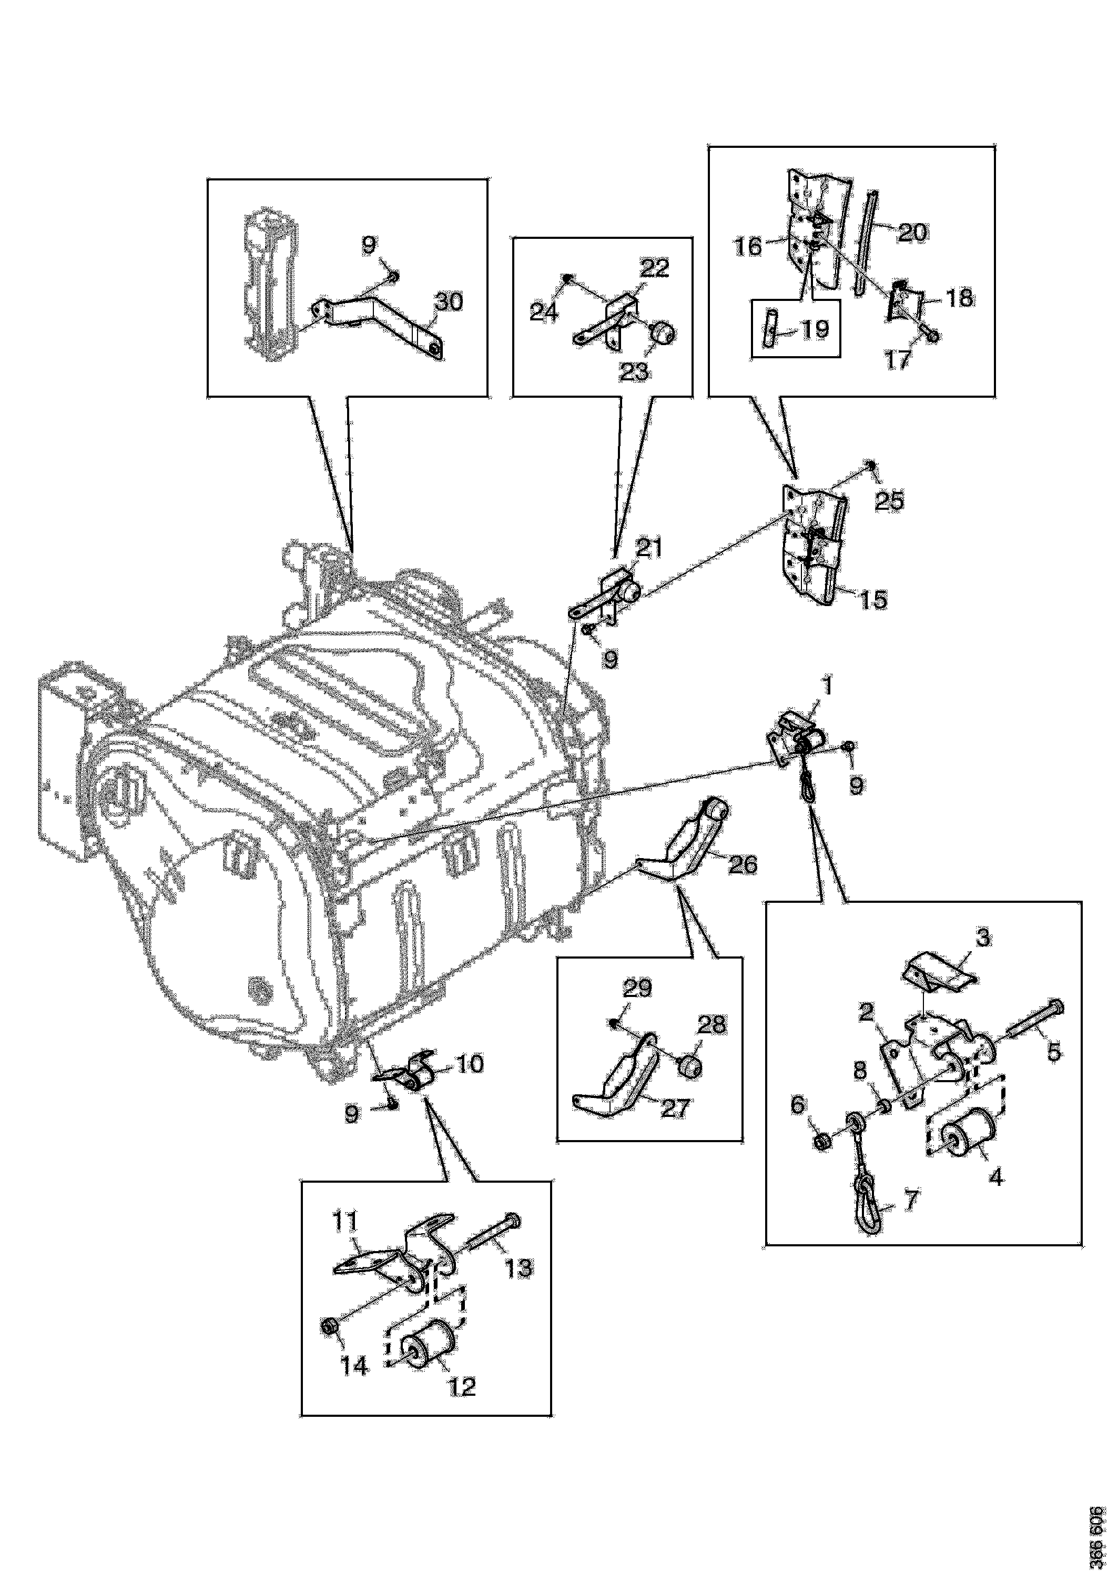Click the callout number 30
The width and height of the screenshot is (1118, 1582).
pyautogui.click(x=449, y=302)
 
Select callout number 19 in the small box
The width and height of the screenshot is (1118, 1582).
pyautogui.click(x=816, y=329)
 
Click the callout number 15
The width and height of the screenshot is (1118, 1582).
pyautogui.click(x=873, y=599)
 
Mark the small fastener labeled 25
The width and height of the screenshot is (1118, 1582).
pyautogui.click(x=871, y=467)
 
